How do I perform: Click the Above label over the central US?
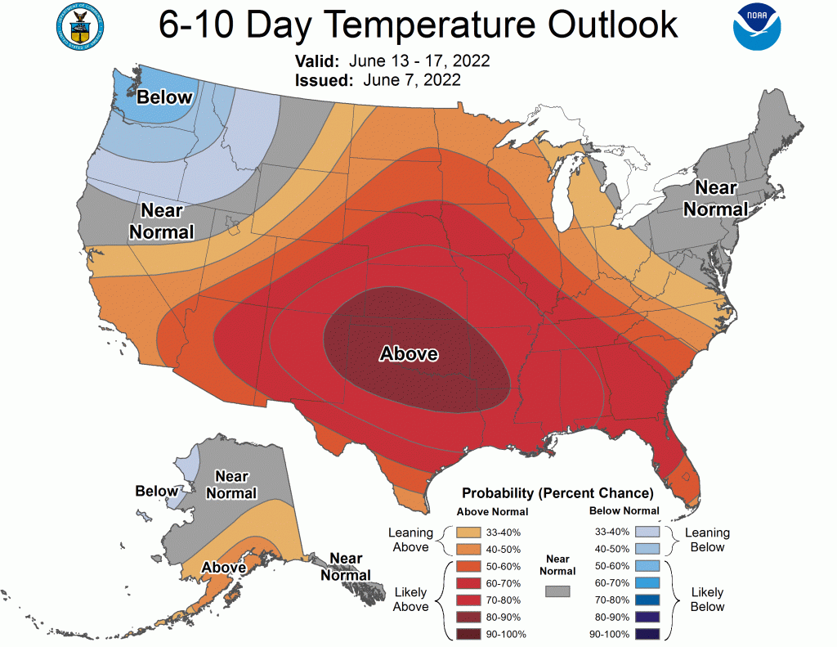(x=409, y=354)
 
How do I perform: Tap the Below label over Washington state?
(x=164, y=97)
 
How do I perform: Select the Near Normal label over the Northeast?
(x=715, y=198)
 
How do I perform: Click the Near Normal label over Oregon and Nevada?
(x=162, y=221)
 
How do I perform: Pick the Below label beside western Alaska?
(x=156, y=491)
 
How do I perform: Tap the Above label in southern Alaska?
(x=224, y=567)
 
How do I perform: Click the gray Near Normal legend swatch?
(x=557, y=591)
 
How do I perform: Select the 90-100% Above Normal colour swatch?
(x=465, y=633)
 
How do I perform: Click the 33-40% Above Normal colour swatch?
(x=465, y=532)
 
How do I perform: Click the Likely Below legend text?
(x=707, y=599)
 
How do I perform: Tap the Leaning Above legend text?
(x=410, y=540)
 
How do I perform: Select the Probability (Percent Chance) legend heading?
(x=557, y=493)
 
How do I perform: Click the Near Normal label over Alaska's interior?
(x=231, y=484)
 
